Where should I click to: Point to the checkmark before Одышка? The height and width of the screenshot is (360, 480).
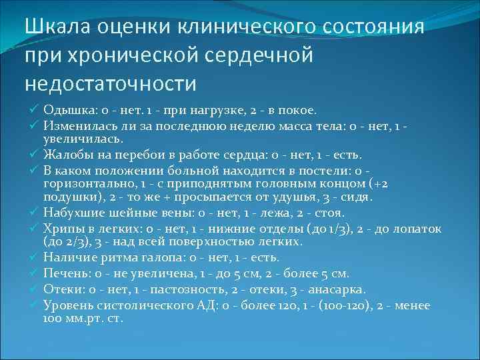(x=35, y=109)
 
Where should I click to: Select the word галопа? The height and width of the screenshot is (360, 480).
(x=150, y=258)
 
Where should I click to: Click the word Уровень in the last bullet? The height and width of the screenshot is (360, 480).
(x=67, y=306)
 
